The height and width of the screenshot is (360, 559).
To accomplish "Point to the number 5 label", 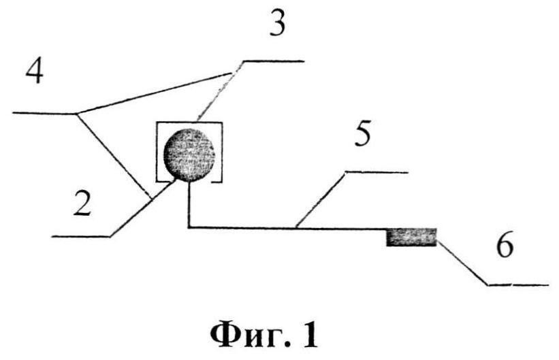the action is (364, 135).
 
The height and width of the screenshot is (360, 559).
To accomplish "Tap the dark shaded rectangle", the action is (411, 237).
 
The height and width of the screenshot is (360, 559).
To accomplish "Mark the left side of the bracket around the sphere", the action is (157, 152).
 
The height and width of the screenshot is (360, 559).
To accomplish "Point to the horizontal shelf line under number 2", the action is (80, 236).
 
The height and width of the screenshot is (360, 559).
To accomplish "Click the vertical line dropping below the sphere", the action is (187, 204).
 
